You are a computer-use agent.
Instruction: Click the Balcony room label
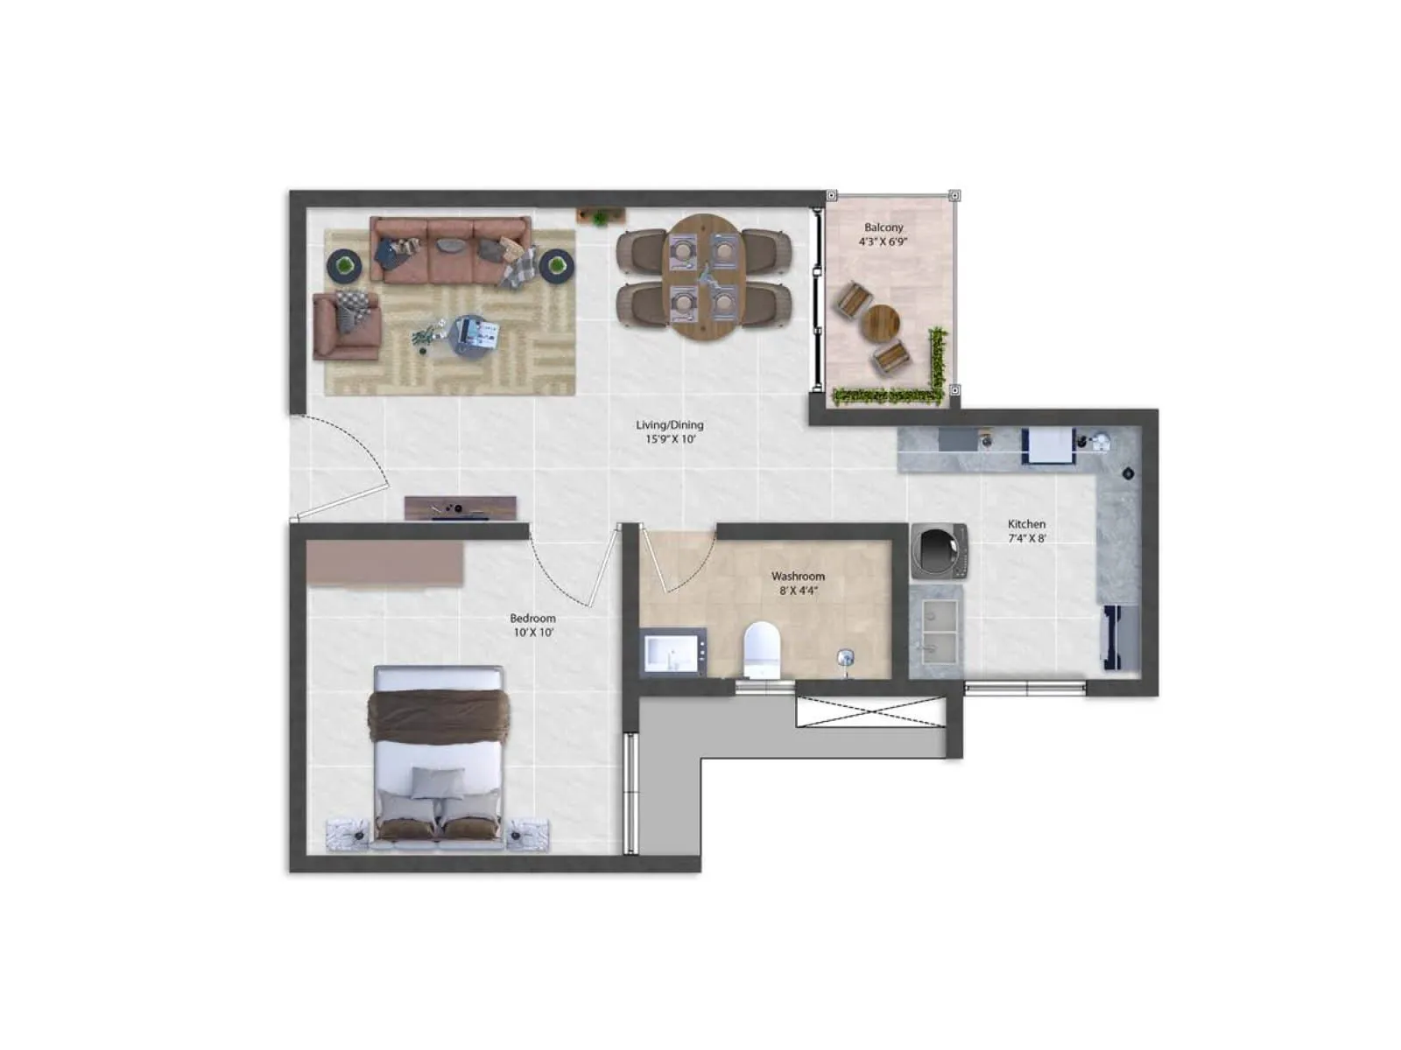point(884,227)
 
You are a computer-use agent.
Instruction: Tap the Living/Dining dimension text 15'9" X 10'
point(671,439)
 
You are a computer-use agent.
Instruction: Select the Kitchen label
point(1026,524)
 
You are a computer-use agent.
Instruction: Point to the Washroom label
point(798,577)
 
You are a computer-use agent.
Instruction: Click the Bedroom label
point(532,618)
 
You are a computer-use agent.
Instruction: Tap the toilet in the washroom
point(761,649)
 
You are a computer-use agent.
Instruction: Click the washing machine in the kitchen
point(939,551)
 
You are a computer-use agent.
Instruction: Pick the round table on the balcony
point(880,324)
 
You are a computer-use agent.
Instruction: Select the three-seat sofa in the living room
point(450,250)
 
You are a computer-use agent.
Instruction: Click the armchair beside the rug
point(346,325)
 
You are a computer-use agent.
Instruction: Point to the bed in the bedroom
point(439,752)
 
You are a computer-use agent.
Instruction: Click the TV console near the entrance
point(460,508)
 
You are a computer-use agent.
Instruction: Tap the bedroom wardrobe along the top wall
point(384,563)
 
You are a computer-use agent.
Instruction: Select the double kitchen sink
point(935,631)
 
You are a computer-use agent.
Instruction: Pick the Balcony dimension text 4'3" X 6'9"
point(884,241)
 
